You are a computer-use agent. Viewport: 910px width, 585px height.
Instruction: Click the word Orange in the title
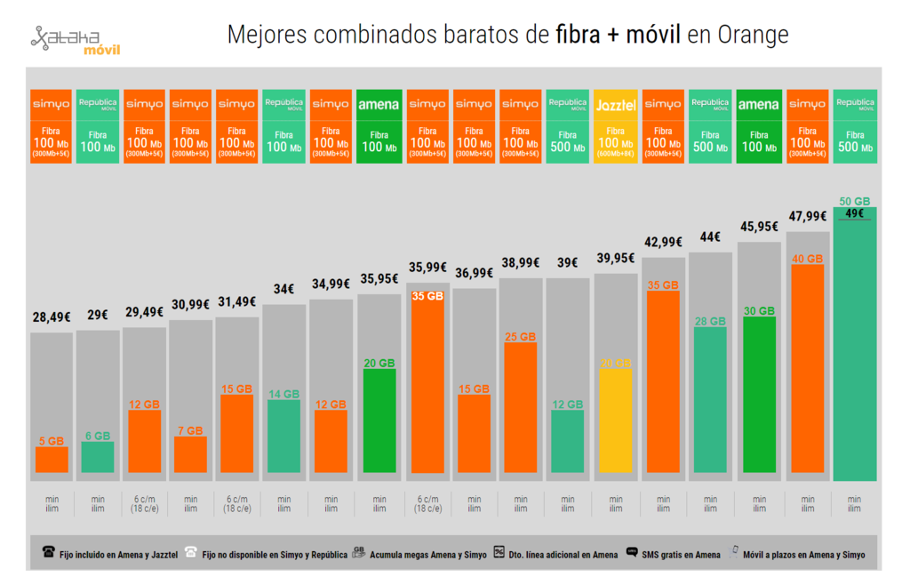(x=752, y=35)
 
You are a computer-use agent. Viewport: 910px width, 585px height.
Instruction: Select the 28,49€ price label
(x=51, y=317)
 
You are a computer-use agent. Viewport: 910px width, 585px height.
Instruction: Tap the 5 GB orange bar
(x=52, y=459)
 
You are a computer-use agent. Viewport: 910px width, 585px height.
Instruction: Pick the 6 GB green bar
(x=98, y=457)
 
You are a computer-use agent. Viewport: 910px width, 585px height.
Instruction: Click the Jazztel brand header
(x=616, y=104)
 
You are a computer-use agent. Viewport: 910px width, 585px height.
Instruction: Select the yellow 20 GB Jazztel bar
(x=616, y=420)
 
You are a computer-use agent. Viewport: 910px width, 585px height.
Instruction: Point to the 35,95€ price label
(x=379, y=279)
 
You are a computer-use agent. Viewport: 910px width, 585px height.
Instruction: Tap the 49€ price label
(x=854, y=213)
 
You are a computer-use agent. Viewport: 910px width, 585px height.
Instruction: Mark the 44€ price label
(x=711, y=236)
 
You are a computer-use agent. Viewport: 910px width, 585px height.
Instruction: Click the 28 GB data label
(x=711, y=321)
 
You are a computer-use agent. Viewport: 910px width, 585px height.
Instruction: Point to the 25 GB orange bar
(x=521, y=407)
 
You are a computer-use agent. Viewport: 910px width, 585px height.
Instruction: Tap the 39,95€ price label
(x=616, y=258)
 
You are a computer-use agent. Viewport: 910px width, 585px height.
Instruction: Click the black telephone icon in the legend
(x=48, y=553)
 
